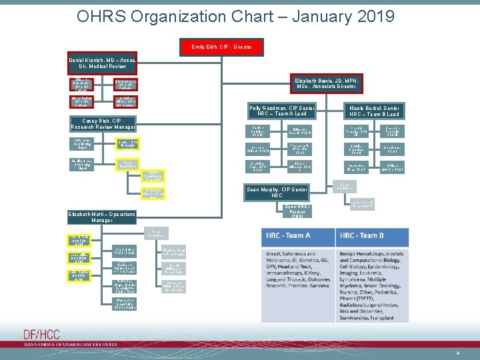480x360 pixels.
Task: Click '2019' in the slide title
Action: tap(371, 16)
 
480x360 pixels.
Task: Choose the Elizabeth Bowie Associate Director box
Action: tap(327, 83)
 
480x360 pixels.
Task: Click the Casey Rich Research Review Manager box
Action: tap(103, 123)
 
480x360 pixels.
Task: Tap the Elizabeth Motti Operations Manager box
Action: tap(102, 217)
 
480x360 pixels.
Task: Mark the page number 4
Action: tap(458, 352)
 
